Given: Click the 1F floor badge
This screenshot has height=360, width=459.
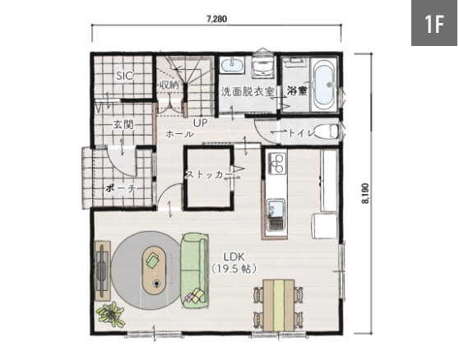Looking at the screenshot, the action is (434, 23).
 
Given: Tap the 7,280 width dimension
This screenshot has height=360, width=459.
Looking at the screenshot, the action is (216, 19).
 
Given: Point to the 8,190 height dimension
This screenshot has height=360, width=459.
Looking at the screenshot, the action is (365, 193).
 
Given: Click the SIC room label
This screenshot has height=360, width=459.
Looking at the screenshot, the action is (125, 76).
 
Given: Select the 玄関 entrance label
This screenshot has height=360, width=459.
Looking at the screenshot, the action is (123, 125).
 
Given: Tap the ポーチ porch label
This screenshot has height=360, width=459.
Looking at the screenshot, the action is (120, 188).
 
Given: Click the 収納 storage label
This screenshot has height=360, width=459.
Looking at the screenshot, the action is (169, 85).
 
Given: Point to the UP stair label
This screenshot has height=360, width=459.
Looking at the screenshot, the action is (200, 122).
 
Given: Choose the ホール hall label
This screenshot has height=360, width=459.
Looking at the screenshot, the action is (179, 134).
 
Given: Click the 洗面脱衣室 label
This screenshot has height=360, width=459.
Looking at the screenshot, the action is (248, 92).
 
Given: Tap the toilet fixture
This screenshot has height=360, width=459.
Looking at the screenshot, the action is (327, 132).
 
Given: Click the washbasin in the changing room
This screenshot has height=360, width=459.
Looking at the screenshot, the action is (232, 64).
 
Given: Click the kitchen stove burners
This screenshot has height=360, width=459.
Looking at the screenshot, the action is (276, 164).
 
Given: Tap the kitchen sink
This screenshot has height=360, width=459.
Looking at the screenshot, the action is (276, 215).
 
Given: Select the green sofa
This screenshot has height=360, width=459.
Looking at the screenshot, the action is (195, 270).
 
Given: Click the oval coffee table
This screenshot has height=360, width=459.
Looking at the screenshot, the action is (154, 270).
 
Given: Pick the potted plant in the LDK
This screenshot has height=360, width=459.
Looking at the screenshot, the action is (111, 314).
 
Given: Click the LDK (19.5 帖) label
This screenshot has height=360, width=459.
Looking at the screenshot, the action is (234, 263).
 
